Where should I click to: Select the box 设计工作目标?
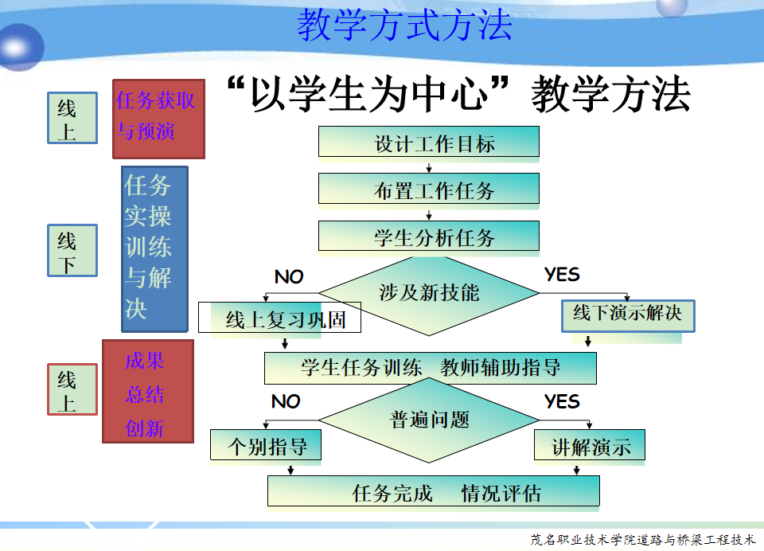(x=429, y=143)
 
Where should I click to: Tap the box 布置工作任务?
(x=429, y=190)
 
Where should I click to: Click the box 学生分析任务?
(x=429, y=236)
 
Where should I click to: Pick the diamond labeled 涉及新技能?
(x=429, y=292)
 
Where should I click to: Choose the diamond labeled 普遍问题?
(x=430, y=420)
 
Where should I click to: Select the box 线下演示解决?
(x=627, y=314)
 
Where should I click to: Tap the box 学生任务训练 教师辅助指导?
(x=431, y=368)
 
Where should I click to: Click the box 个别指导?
(x=266, y=445)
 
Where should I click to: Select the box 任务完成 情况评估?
(x=434, y=491)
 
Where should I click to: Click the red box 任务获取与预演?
(x=158, y=118)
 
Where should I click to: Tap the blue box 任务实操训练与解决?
(x=154, y=248)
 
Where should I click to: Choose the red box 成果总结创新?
(x=147, y=391)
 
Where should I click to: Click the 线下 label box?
(x=72, y=250)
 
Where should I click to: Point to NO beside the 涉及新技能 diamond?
(x=289, y=277)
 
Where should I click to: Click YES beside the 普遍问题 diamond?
(x=562, y=401)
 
